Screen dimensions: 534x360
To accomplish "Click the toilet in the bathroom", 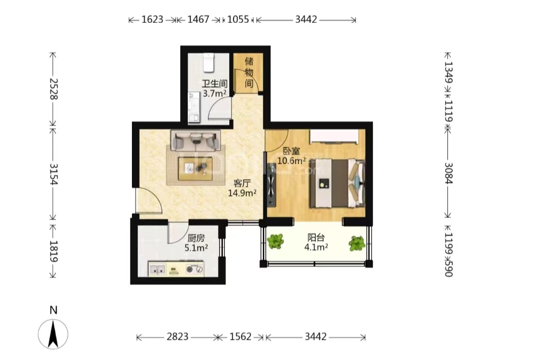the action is coord(208,63).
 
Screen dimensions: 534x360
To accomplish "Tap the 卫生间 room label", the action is coord(214,84).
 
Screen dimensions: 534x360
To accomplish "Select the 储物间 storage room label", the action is coord(249,72).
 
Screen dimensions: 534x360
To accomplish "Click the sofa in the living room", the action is coord(196,141).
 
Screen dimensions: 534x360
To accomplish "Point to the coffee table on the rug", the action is coord(195,169).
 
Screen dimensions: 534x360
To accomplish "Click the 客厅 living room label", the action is coord(242,183).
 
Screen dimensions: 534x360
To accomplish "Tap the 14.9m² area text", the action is coord(242,193).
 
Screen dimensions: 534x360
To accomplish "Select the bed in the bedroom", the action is coord(337,183).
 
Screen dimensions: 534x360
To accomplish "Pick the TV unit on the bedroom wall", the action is coord(271,185).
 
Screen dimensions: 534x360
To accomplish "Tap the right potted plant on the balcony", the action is coord(357,244).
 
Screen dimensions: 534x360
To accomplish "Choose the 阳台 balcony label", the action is coord(316,237).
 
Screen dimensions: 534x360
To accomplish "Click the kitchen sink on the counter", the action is coord(157,270).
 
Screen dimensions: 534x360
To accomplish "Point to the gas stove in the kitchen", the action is coord(195,270).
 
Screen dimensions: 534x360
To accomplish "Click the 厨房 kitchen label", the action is coord(196,238).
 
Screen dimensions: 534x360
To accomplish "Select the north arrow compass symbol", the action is coord(53,334).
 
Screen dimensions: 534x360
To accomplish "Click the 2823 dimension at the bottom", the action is coord(178,337).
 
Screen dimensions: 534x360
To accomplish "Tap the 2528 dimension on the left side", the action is coord(54,89).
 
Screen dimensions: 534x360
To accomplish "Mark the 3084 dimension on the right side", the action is coord(448,173).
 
